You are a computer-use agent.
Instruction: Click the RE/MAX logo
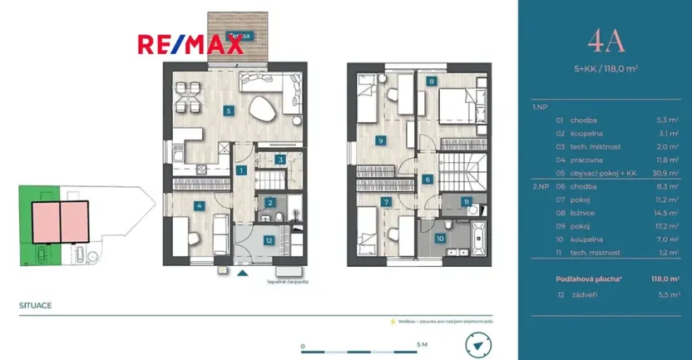pyautogui.click(x=190, y=43)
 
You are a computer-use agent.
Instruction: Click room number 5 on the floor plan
pyautogui.click(x=229, y=110)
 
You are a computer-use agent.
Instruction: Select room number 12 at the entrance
pyautogui.click(x=268, y=241)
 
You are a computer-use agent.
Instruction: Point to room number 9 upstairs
pyautogui.click(x=380, y=141)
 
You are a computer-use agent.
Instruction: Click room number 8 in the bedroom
pyautogui.click(x=432, y=81)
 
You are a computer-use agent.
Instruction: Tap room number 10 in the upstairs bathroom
pyautogui.click(x=440, y=239)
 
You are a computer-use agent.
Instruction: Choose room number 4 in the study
pyautogui.click(x=199, y=205)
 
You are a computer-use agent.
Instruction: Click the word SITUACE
pyautogui.click(x=35, y=305)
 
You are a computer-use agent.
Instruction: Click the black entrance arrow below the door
pyautogui.click(x=242, y=272)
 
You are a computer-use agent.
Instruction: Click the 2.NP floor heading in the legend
pyautogui.click(x=540, y=187)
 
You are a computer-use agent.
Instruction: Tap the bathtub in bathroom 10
pyautogui.click(x=480, y=238)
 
